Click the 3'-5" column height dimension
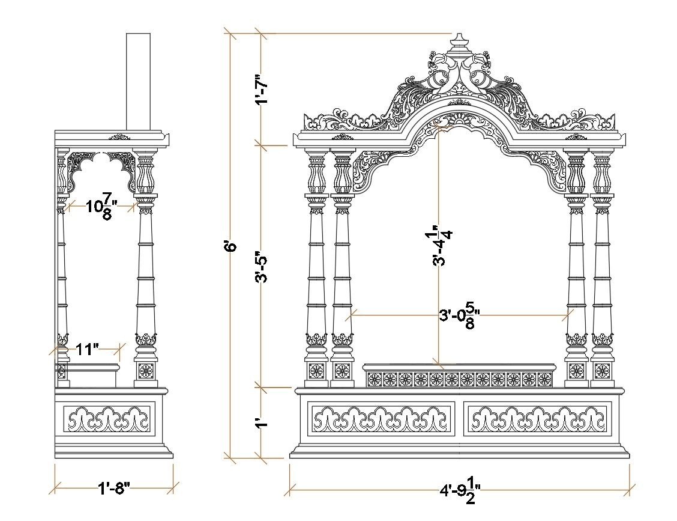[262, 267]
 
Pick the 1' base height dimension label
[262, 422]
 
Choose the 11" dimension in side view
[88, 349]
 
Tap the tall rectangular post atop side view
[138, 81]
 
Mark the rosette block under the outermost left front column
[316, 370]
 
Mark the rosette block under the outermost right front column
[603, 370]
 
